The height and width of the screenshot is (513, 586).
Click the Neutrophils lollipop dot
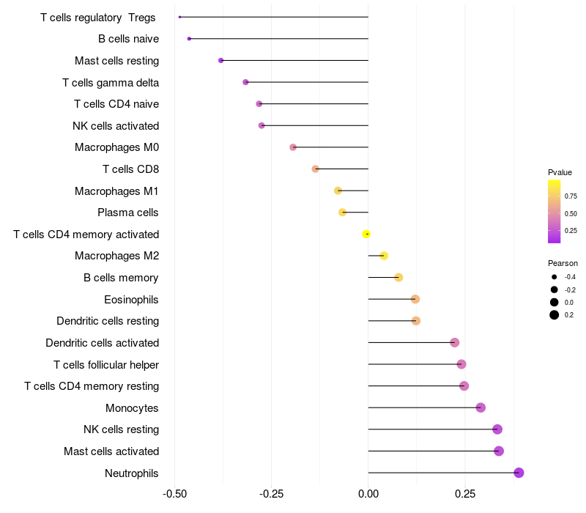point(519,473)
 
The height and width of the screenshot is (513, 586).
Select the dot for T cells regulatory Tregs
point(179,17)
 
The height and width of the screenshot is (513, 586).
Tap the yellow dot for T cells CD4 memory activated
point(366,234)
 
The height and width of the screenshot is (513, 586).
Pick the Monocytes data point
point(481,407)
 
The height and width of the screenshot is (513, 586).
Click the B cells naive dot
point(189,38)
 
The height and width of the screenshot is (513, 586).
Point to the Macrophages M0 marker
point(293,147)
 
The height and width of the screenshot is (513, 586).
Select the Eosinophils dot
point(415,299)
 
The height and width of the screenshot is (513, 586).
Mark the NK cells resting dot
point(497,429)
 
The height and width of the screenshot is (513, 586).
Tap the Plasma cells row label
point(127,213)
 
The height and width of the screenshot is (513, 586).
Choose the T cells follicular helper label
point(106,364)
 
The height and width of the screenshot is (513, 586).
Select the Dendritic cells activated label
point(102,342)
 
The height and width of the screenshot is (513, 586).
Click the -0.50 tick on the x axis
point(174,495)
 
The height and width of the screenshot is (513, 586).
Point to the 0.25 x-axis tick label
point(464,495)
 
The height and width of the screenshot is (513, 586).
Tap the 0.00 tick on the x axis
point(368,495)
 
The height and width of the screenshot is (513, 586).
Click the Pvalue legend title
point(560,172)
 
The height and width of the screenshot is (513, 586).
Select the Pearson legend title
point(563,263)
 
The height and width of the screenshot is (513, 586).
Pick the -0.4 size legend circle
point(555,277)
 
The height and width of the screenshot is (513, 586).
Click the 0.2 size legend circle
point(555,315)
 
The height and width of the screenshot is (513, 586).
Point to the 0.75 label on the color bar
point(571,196)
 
